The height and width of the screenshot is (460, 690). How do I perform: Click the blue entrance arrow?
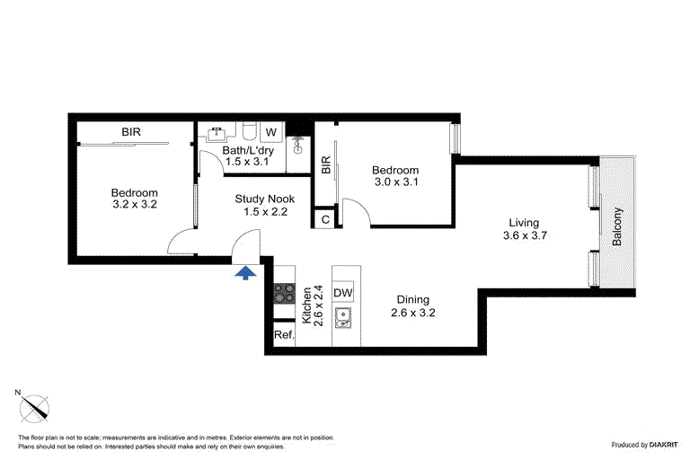(245, 273)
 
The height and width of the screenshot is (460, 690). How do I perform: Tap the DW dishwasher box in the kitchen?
(343, 292)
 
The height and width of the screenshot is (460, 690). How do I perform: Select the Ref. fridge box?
(284, 334)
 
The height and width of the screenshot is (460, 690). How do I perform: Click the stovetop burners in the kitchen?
(284, 294)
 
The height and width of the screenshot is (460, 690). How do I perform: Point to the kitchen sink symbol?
(343, 318)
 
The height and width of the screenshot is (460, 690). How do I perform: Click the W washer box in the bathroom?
(271, 132)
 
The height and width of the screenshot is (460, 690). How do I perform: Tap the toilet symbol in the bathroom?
(249, 131)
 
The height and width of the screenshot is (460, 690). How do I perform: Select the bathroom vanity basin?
(216, 133)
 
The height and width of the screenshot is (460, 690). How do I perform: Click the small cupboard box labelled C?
(325, 219)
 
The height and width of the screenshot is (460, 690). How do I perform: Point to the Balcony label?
(617, 226)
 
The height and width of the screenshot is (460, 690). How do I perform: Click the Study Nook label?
(264, 199)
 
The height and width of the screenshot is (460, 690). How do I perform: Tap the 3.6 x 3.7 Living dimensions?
(525, 235)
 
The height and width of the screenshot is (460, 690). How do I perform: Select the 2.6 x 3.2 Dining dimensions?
(412, 313)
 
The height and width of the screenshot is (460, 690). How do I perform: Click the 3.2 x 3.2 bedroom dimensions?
(135, 204)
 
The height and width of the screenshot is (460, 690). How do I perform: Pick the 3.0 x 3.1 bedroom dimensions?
(396, 181)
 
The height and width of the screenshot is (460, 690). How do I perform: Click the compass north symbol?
(33, 407)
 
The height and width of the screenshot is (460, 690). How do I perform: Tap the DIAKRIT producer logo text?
(663, 445)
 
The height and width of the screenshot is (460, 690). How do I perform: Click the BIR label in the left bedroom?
(131, 131)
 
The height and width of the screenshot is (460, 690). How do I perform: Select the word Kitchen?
(306, 305)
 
